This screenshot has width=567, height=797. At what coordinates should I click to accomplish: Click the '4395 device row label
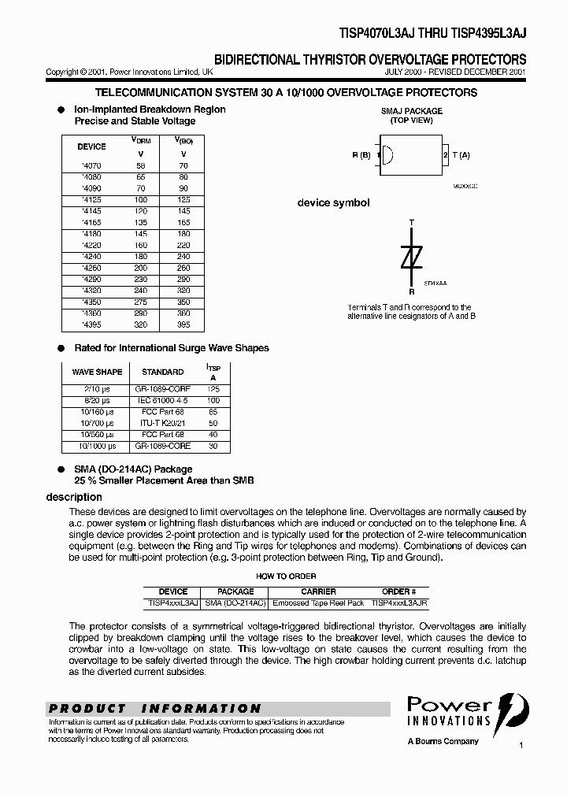coord(91,324)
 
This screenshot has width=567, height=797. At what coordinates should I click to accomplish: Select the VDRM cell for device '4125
coord(141,200)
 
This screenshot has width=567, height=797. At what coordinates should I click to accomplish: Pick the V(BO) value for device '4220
coord(183,245)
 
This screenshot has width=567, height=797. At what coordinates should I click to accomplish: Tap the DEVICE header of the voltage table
coord(91,146)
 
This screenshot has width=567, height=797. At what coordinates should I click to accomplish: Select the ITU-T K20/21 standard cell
coord(162,423)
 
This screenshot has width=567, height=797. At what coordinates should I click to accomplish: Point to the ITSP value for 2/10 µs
coord(213,389)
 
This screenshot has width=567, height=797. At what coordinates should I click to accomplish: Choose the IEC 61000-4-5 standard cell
coord(162,400)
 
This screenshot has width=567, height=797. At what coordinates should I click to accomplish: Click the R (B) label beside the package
coord(361,155)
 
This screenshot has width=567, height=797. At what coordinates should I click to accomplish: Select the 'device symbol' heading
coord(333,203)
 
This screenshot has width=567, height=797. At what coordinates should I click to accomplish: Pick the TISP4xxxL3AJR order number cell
coord(399,602)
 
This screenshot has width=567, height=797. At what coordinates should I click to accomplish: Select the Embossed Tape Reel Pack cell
coord(318,602)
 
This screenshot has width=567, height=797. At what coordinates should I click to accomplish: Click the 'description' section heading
coord(74,497)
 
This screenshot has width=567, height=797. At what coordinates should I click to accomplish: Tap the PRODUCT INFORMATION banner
coord(154,709)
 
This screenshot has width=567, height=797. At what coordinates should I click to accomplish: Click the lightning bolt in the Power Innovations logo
coord(508,713)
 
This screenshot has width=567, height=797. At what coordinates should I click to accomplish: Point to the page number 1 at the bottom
coord(521,744)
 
